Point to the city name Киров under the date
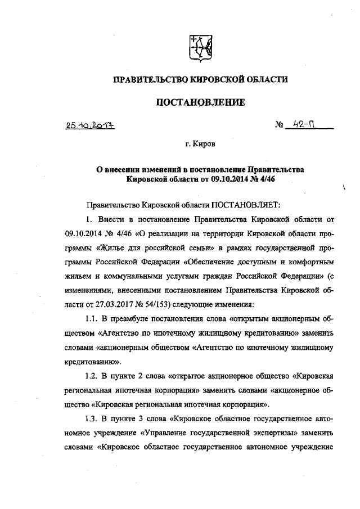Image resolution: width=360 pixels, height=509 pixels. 204,145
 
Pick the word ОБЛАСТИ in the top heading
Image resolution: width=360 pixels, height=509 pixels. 264,80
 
